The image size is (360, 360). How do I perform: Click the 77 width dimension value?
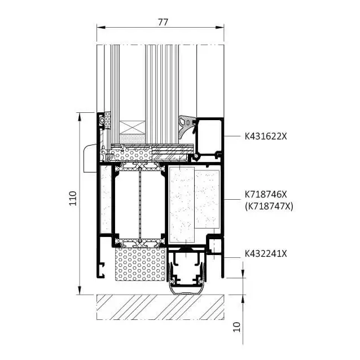163,22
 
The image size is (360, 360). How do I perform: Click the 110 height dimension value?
73,198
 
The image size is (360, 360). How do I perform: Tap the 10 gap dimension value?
237,327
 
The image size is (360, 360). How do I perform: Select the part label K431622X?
266,137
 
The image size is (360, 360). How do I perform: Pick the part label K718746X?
266,195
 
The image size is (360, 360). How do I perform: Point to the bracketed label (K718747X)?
269,207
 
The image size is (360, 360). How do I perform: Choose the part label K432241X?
266,254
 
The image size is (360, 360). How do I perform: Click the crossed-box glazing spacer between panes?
133,128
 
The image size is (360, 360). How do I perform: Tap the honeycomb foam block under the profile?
140,264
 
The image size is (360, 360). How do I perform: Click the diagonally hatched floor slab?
160,307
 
